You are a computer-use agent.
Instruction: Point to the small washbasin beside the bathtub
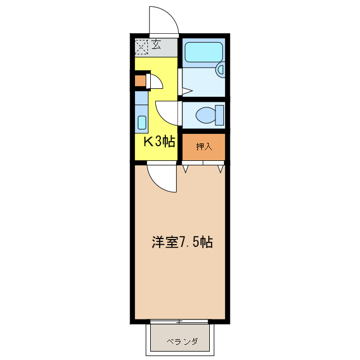click(220, 70)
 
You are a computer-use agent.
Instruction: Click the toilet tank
click(219, 115)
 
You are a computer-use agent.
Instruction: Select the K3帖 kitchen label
click(157, 141)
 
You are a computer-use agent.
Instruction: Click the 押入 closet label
click(204, 147)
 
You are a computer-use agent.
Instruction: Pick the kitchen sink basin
click(142, 122)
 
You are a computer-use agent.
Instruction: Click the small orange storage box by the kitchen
click(139, 80)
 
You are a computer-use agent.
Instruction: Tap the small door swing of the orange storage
click(156, 82)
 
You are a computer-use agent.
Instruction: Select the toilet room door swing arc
click(166, 112)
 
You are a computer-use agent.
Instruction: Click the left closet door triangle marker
click(185, 168)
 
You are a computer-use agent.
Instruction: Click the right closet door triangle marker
click(221, 168)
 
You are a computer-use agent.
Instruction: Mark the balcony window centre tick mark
click(179, 322)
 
